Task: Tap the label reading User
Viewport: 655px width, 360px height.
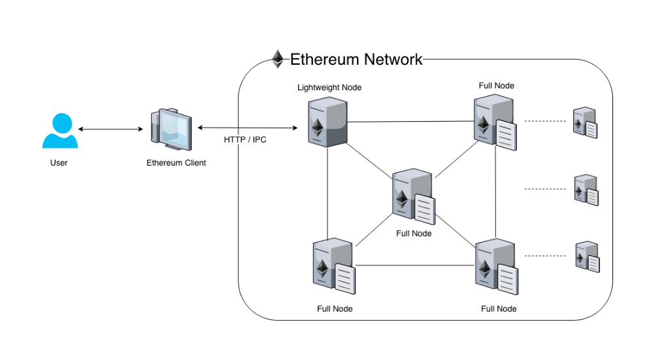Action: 59,162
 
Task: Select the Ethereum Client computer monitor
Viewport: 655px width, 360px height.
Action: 171,126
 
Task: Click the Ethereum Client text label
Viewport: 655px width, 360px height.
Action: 176,162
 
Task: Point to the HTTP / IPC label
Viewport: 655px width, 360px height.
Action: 245,140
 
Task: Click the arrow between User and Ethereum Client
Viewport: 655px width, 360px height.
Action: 110,129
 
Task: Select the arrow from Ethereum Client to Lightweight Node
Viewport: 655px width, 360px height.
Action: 248,128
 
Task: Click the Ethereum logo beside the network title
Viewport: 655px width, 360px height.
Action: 278,59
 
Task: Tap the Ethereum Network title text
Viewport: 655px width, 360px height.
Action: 356,60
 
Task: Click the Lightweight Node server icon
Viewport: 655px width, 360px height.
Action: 327,122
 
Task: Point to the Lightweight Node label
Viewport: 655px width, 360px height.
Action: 329,87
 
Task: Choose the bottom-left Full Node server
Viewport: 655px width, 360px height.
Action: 333,265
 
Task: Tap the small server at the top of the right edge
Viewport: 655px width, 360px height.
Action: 585,122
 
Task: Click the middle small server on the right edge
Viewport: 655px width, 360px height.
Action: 586,190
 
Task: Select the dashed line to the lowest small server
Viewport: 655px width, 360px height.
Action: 545,255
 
